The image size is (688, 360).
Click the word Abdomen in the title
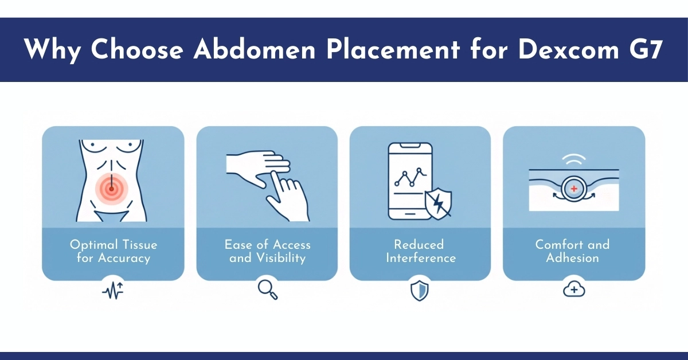255,50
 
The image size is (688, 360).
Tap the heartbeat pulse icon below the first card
112,291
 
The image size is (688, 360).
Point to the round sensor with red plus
573,189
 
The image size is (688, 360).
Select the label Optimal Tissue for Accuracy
113,251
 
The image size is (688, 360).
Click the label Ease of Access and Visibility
267,251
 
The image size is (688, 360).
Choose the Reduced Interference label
420,251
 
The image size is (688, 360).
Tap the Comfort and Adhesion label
572,251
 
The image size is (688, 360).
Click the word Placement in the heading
393,50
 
